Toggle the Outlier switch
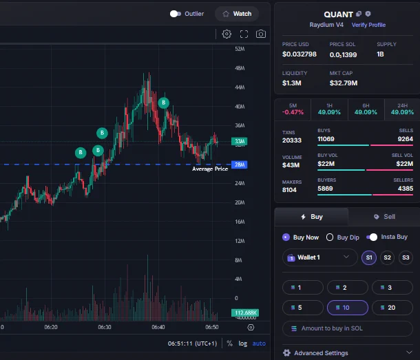coord(176,14)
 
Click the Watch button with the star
coord(237,14)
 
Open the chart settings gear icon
coord(227,34)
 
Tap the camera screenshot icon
coord(261,34)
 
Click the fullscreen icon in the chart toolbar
coord(244,34)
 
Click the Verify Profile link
coord(368,25)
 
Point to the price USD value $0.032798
coord(300,54)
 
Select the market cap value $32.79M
coord(344,83)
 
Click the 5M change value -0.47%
coord(293,112)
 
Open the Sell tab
coord(384,217)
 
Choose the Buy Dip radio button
coord(330,237)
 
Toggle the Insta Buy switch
coord(372,237)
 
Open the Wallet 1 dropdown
coord(320,257)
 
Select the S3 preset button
coord(406,257)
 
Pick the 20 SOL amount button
coord(392,308)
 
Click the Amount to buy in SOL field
coord(348,328)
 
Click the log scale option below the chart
coord(242,343)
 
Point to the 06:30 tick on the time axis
coord(105,327)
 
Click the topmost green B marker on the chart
coord(164,103)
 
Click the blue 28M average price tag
coord(239,165)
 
